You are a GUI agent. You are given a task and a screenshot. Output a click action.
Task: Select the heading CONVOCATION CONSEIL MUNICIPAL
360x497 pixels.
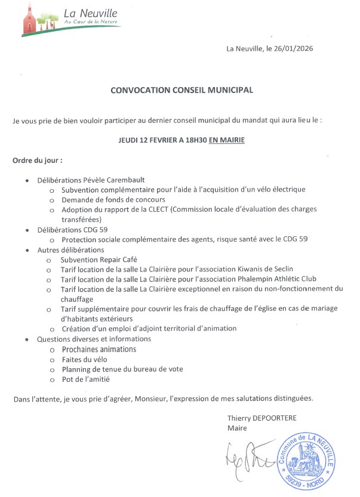(182, 90)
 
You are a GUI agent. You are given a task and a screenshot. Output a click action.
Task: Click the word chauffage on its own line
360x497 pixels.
(77, 298)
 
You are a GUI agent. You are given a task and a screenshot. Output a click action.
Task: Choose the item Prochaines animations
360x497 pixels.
(99, 349)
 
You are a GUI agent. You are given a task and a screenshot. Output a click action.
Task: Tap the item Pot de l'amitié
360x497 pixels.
(86, 379)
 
